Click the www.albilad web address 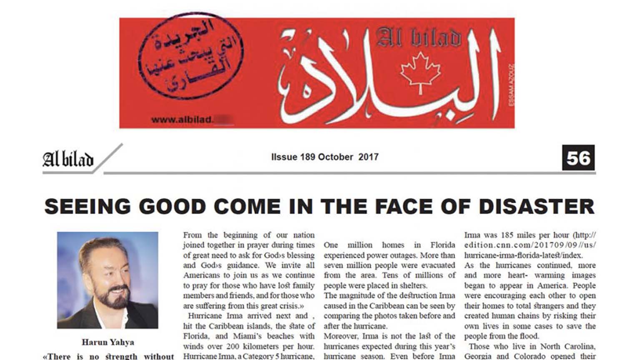tap(182, 120)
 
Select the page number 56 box tap(578, 158)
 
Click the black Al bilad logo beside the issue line tap(68, 159)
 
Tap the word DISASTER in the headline tap(537, 207)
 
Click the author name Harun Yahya tap(108, 342)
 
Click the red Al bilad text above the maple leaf tap(418, 38)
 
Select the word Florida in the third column tap(442, 245)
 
